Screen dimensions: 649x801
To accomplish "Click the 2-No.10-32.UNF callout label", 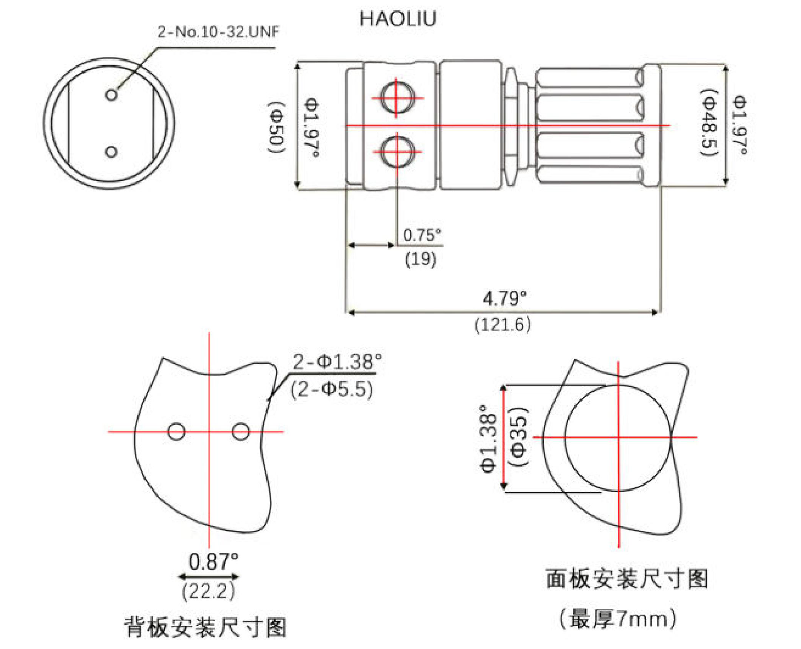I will point(218,32).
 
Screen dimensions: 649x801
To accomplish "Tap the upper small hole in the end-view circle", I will point(111,95).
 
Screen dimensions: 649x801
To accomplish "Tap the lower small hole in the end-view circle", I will point(111,152).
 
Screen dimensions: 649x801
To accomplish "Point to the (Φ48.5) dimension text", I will point(710,123).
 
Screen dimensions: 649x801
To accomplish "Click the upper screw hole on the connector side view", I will point(397,97).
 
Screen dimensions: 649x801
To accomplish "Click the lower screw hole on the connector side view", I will point(397,151).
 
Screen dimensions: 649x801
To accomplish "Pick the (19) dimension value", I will point(421,259).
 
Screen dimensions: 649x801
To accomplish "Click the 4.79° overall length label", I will point(504,299).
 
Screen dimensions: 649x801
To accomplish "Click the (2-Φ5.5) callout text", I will point(332,389).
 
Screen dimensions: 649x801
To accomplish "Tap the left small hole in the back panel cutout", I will point(176,432).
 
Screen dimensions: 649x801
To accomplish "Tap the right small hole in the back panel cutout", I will point(241,432).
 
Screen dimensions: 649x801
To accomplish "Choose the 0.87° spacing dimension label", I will point(213,562).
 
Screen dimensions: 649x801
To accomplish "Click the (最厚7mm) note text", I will point(618,619).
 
